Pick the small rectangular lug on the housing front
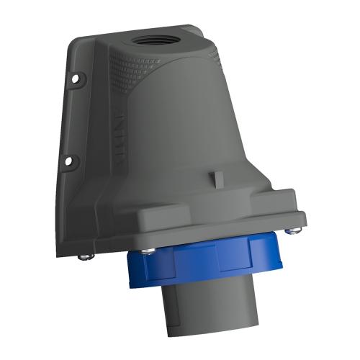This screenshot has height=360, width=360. coord(215,177)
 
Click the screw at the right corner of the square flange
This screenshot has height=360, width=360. coord(291,230)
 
